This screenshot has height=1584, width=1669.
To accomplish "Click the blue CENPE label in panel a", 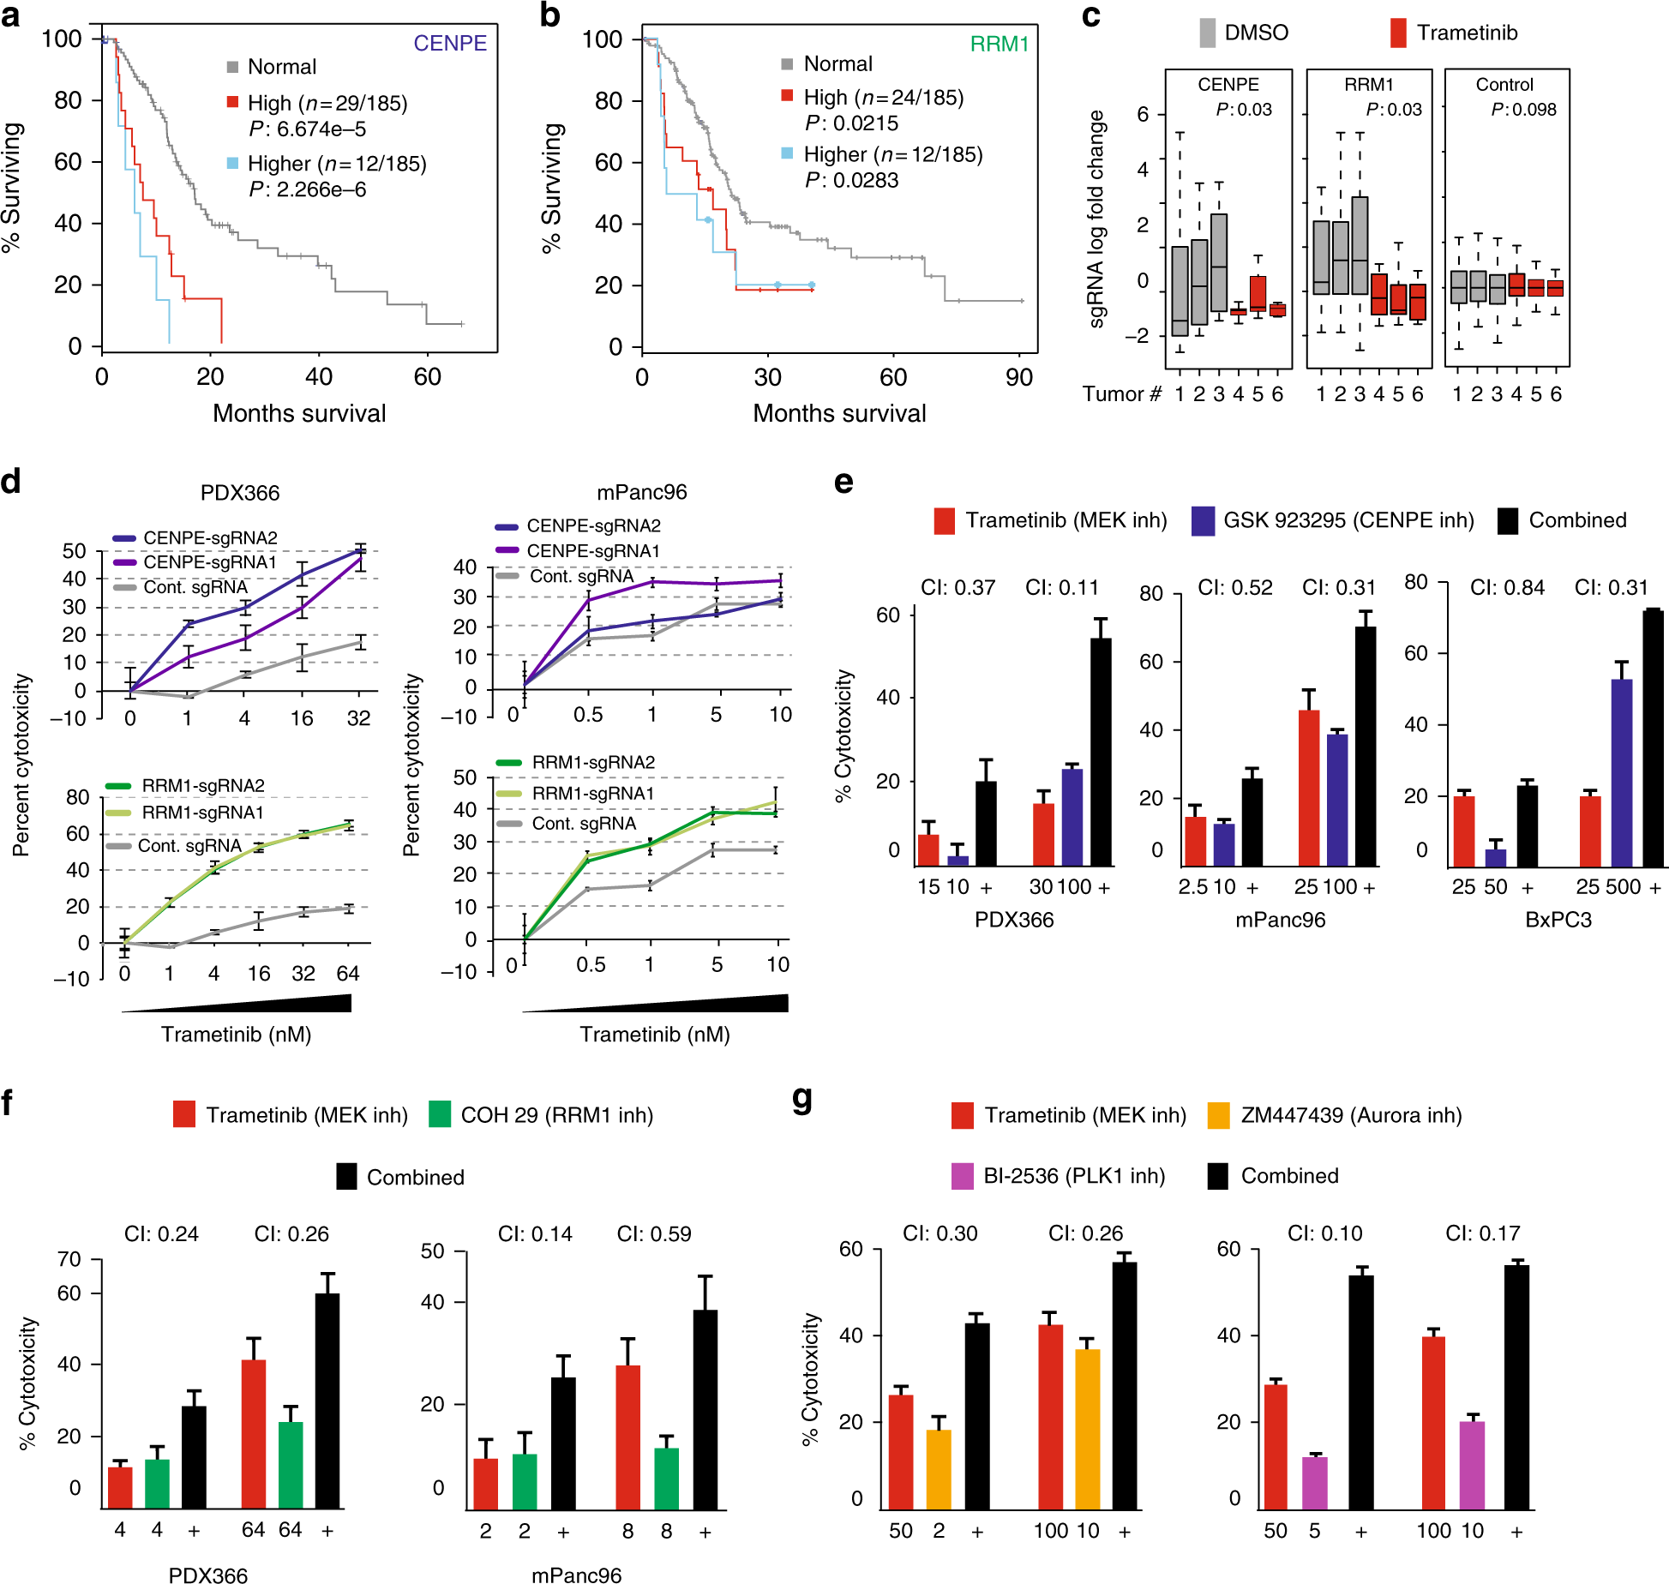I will tap(449, 43).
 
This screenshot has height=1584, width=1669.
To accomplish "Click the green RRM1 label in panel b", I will tap(999, 44).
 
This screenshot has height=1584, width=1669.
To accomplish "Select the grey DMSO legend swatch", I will tap(1207, 33).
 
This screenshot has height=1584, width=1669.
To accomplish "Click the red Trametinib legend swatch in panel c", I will tap(1398, 33).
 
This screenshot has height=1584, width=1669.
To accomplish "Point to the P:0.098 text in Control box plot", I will tap(1523, 110).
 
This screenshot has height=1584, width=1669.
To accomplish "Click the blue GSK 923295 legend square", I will tap(1203, 520).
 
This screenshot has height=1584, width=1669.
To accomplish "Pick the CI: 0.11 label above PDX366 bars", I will tap(1061, 588).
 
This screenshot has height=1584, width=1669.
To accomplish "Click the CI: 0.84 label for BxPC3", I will tap(1507, 588).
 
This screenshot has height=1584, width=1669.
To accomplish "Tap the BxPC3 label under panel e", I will tap(1558, 920).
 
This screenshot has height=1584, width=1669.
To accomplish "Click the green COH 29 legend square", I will tap(440, 1114).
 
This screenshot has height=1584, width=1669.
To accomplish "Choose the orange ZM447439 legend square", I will tap(1218, 1114).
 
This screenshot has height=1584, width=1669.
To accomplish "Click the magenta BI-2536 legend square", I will tap(963, 1175).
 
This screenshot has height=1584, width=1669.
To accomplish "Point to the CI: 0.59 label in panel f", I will tap(654, 1234).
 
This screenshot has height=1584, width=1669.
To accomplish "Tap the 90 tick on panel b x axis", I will tap(1018, 377).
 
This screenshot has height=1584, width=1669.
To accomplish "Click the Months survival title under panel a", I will tap(299, 413).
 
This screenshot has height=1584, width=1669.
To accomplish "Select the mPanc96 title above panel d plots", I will tap(641, 492).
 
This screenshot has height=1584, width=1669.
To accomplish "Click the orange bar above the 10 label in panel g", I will tap(1087, 1428).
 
